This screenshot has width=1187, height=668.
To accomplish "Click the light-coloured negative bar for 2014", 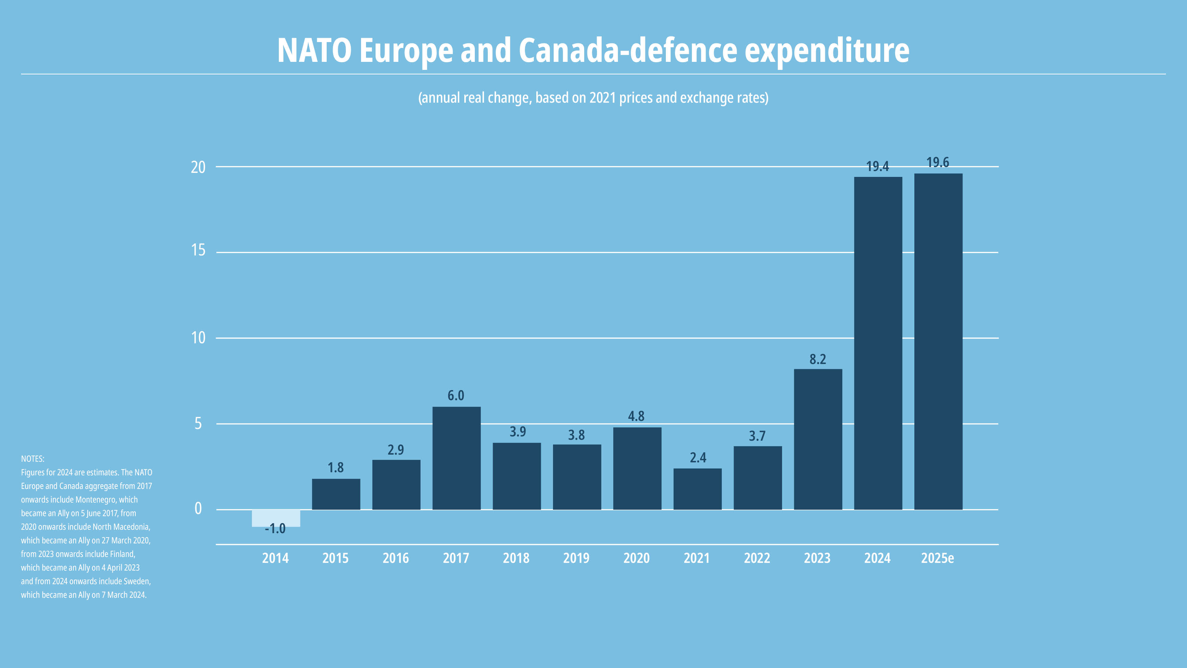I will click(275, 517).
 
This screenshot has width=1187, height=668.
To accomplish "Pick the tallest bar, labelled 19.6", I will click(938, 341).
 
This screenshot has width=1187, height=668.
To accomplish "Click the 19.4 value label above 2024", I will click(877, 166).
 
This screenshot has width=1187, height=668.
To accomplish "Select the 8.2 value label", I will click(818, 359).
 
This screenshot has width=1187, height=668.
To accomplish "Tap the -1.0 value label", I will click(275, 529).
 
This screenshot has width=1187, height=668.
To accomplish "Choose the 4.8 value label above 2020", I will click(636, 416).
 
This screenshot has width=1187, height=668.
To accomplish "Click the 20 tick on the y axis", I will click(198, 167).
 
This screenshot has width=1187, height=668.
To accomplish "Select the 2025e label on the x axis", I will click(937, 558).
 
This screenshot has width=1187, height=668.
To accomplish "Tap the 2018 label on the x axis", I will click(516, 558).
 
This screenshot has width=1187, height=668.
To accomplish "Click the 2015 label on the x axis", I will click(335, 558).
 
